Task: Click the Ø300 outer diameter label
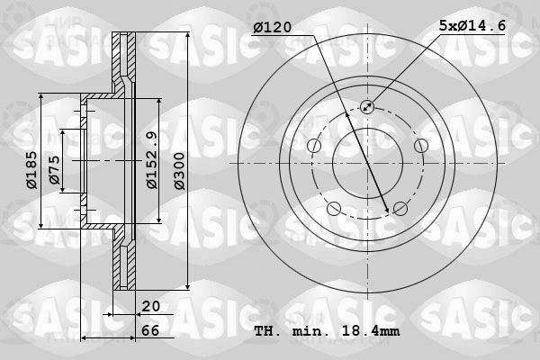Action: coord(179,171)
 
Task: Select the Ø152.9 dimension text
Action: coord(152,160)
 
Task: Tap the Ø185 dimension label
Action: coord(31,170)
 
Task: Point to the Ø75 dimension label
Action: coord(55,170)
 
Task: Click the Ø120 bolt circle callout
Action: coord(273,27)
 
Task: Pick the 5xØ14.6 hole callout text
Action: coord(472,25)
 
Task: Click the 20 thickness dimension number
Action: coord(151,306)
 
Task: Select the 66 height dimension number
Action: coord(150,330)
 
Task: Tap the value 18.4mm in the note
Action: coord(371,331)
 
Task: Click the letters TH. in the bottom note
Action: coord(267,331)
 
